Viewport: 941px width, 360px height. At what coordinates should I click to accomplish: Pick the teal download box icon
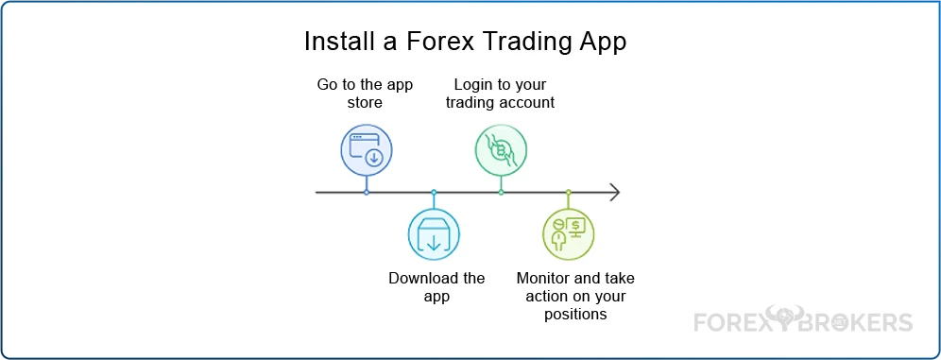coord(434,234)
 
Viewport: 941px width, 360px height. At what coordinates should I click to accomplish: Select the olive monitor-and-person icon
coord(569,234)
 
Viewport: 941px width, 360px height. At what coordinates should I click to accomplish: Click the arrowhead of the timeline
coord(614,192)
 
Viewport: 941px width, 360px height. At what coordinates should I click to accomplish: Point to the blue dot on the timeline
coord(366,192)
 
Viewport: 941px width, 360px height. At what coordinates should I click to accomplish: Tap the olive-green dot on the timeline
coord(569,192)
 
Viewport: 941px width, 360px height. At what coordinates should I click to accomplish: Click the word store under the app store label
coord(365,103)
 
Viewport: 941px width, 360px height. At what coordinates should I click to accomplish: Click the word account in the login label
coord(527,103)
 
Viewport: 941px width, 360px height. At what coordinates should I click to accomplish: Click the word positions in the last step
coord(575,315)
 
